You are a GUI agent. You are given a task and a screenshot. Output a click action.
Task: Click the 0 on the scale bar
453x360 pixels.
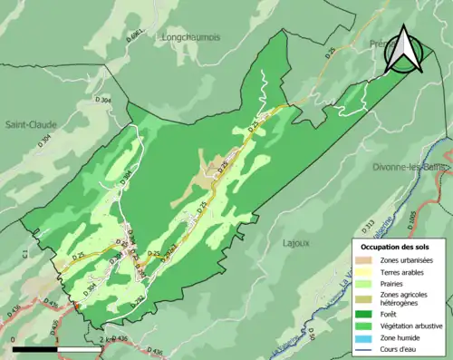pyautogui.click(x=14, y=339)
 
